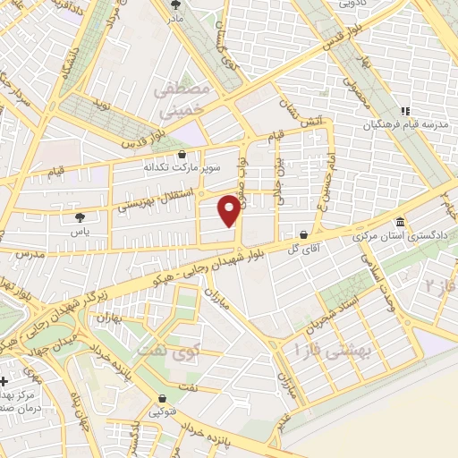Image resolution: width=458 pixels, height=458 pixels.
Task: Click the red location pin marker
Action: pyautogui.click(x=232, y=210)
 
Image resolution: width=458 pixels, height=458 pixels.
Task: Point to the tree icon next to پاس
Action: pyautogui.click(x=81, y=216)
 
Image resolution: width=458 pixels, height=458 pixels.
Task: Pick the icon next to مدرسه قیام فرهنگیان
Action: pyautogui.click(x=405, y=112)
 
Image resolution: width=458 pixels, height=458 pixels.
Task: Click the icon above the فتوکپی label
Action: pyautogui.click(x=163, y=399)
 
